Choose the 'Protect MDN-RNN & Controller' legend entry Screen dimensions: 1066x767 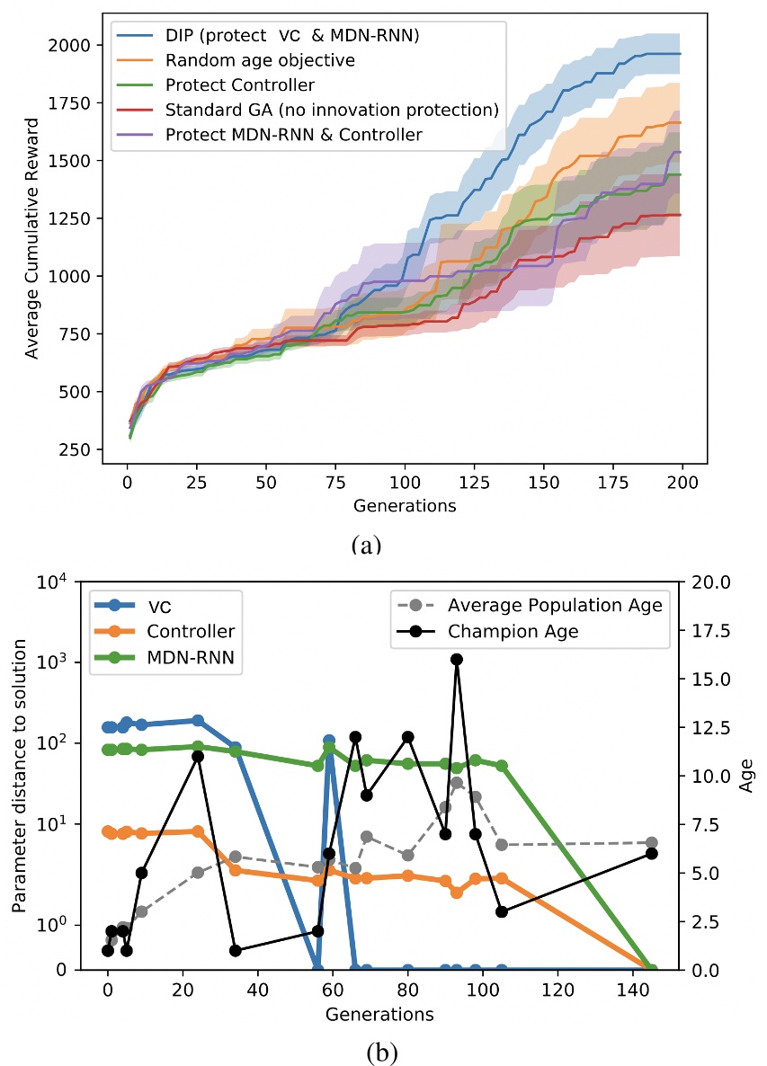click(x=293, y=135)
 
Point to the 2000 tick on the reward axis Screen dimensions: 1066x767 click(x=71, y=45)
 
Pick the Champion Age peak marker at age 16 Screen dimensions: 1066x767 click(x=456, y=659)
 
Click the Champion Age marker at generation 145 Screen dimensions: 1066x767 click(x=652, y=853)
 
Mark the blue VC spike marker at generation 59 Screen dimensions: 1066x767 click(x=329, y=741)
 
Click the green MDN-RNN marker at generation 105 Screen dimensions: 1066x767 click(x=502, y=766)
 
